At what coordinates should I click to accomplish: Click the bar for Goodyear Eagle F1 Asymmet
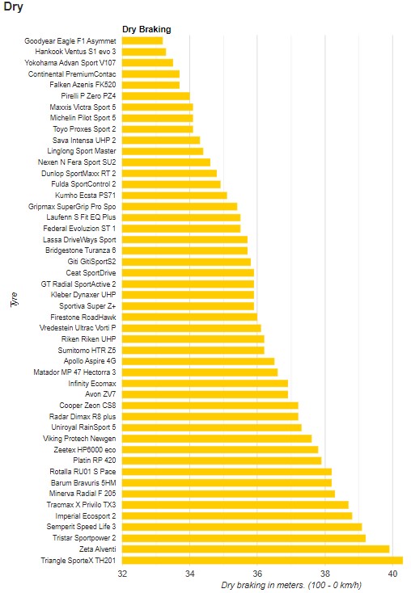[142, 41]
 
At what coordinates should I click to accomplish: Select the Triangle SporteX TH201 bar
[262, 561]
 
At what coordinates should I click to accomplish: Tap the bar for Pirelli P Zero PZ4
[155, 96]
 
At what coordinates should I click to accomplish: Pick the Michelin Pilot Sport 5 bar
[158, 118]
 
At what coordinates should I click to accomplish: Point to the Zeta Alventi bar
[256, 549]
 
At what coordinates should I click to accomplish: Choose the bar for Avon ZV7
[205, 394]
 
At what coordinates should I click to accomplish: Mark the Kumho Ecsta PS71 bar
[174, 196]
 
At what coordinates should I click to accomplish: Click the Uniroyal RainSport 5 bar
[212, 427]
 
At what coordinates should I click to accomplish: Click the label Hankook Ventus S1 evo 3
[75, 52]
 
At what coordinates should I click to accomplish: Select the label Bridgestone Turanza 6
[81, 250]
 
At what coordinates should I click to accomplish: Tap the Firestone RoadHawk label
[83, 318]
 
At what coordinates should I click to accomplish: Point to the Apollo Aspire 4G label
[90, 361]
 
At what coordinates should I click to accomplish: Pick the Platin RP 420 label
[95, 461]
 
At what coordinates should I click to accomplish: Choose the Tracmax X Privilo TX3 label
[81, 505]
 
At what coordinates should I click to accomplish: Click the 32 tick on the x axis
[122, 574]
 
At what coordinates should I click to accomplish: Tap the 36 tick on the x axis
[257, 574]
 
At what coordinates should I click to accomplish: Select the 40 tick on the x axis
[393, 574]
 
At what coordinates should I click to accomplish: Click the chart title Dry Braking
[146, 30]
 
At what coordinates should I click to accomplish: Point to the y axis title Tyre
[14, 300]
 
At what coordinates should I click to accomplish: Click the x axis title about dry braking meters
[291, 586]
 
